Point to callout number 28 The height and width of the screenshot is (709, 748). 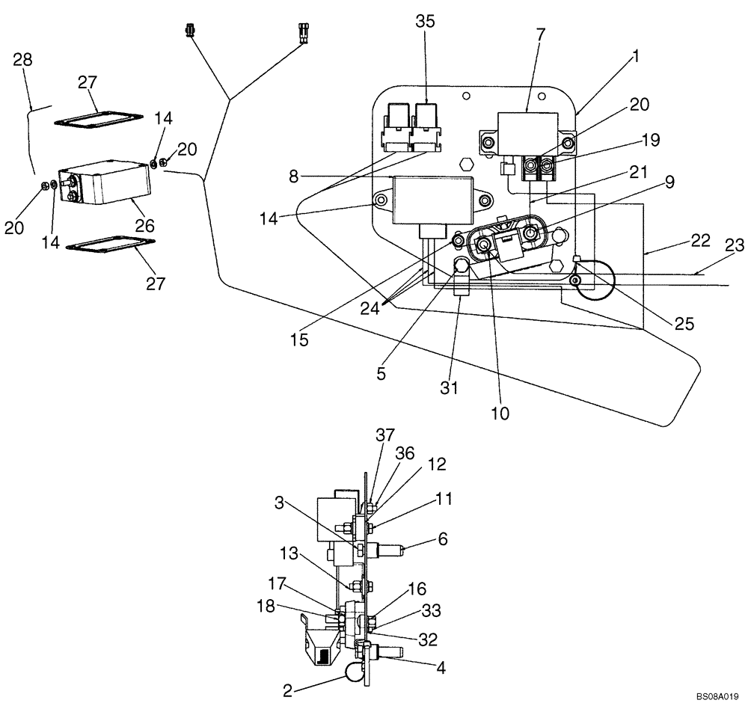[x=23, y=61]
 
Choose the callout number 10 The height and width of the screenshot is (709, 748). [x=500, y=412]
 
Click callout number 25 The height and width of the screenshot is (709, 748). [x=684, y=324]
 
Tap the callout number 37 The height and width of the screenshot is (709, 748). [x=385, y=435]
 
